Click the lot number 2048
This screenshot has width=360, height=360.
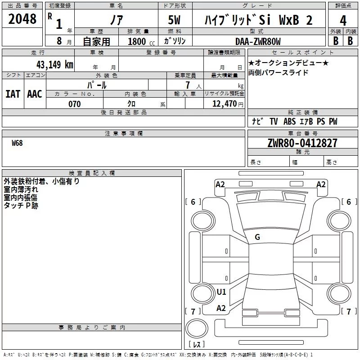[22, 19]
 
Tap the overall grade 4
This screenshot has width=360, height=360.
[343, 21]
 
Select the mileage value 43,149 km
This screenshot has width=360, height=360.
[54, 64]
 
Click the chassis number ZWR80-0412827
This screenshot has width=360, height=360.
[302, 143]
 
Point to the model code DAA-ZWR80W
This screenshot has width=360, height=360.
[258, 41]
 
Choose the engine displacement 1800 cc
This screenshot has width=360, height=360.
[141, 41]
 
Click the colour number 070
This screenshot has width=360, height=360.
[75, 104]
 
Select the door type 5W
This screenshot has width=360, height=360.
[174, 20]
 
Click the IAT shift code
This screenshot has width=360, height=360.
[13, 94]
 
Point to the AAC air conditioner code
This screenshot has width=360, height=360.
[35, 94]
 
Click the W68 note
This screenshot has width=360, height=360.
[17, 143]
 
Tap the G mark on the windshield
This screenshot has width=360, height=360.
[257, 237]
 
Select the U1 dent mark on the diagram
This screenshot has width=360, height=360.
[221, 292]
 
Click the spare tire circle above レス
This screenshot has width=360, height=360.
[197, 328]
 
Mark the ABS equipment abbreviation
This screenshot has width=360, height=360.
[289, 121]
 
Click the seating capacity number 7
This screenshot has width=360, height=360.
[188, 85]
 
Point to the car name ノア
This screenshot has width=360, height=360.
[117, 20]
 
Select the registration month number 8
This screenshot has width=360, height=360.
[59, 41]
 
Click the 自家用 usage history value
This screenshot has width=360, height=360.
[96, 41]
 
